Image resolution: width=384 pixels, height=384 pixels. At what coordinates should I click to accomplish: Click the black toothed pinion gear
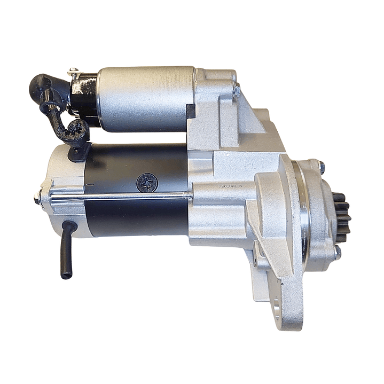click(x=342, y=214)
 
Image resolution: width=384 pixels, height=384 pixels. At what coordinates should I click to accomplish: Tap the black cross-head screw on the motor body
click(x=147, y=183)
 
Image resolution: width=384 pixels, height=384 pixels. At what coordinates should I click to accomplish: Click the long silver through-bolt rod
click(x=117, y=197)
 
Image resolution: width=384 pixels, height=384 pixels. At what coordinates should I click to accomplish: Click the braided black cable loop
click(x=75, y=128)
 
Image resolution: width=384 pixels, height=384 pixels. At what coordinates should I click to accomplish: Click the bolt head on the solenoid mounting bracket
click(x=237, y=91)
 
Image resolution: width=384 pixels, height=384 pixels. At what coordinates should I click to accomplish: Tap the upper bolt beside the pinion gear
click(x=320, y=167)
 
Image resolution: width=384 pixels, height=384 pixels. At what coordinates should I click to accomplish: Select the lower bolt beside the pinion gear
click(x=337, y=251)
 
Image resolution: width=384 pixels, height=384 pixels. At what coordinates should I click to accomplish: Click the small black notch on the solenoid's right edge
click(x=190, y=111)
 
